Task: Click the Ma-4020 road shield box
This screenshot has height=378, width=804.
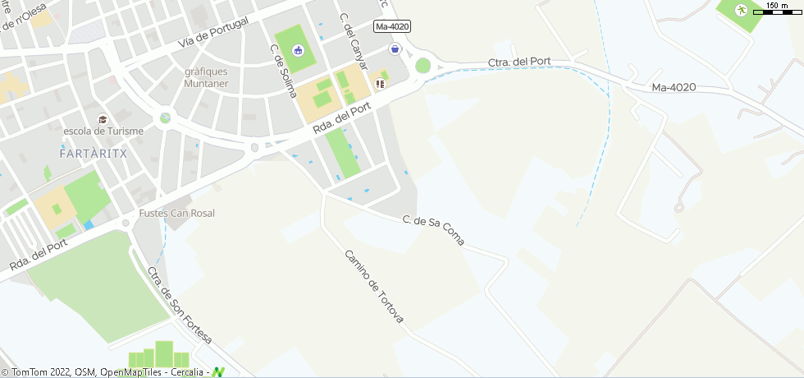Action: coord(391,27)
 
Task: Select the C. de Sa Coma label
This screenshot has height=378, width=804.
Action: coord(434,230)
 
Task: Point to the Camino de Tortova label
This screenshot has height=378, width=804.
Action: coord(374,286)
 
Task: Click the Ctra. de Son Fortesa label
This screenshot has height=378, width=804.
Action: coord(180,305)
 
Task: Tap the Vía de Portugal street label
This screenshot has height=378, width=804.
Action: coord(212,32)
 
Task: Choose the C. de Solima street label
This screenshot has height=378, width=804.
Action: coord(283,71)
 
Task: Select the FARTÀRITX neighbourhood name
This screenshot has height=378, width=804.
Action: coord(92,153)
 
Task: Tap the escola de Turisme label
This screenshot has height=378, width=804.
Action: coord(103,131)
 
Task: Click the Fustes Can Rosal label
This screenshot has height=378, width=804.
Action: coord(177,214)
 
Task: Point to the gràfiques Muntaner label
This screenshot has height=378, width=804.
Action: coord(206,77)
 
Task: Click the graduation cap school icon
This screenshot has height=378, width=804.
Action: coord(103,119)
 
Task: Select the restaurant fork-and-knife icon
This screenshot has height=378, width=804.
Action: coord(380,83)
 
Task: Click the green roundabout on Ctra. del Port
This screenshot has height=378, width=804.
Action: coord(423,66)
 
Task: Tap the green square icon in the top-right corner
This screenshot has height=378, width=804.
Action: coord(741,11)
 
